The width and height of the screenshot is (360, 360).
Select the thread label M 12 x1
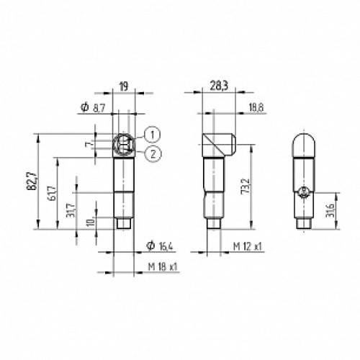click(x=247, y=246)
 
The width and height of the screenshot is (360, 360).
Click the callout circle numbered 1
click(x=152, y=132)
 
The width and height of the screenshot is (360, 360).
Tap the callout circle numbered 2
click(x=152, y=151)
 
